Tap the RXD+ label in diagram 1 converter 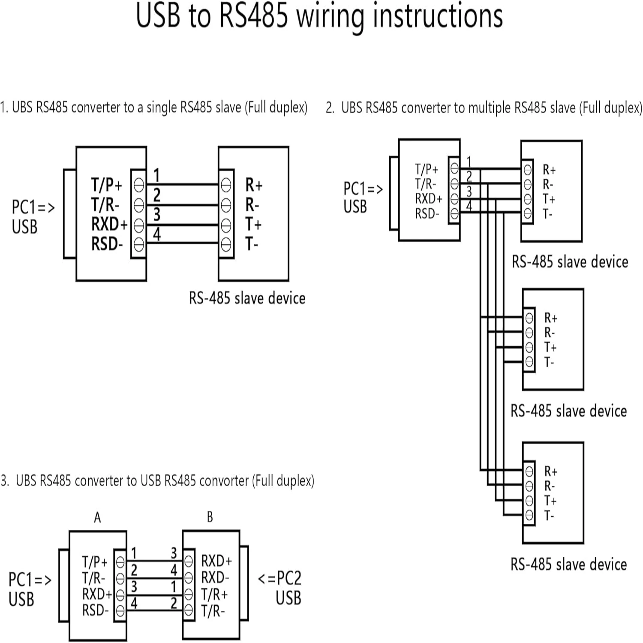pyautogui.click(x=109, y=224)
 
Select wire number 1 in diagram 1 pyautogui.click(x=156, y=175)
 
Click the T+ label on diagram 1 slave pyautogui.click(x=253, y=224)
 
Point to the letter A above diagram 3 pyautogui.click(x=97, y=517)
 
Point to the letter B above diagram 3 pyautogui.click(x=210, y=517)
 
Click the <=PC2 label pyautogui.click(x=279, y=578)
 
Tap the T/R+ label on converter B pyautogui.click(x=214, y=595)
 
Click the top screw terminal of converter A pyautogui.click(x=120, y=561)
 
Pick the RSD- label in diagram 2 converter pyautogui.click(x=427, y=213)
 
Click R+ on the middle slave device pyautogui.click(x=551, y=318)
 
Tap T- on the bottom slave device pyautogui.click(x=549, y=516)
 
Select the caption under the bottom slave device pyautogui.click(x=568, y=564)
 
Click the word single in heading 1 pyautogui.click(x=162, y=107)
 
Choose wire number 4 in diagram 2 pyautogui.click(x=469, y=206)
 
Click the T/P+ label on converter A pyautogui.click(x=95, y=562)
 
